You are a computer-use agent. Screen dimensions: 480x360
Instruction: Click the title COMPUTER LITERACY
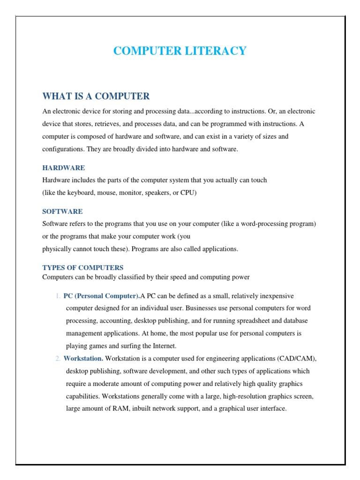point(180,51)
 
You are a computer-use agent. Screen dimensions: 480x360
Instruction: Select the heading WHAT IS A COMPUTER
point(96,96)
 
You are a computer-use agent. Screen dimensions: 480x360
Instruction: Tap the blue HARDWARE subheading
point(63,168)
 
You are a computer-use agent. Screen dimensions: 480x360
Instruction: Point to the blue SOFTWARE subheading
point(62,211)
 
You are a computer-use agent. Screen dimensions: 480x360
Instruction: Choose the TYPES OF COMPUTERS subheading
point(82,268)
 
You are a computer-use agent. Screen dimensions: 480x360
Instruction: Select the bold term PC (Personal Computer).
point(102,296)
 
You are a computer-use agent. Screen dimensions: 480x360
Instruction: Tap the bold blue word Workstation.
point(83,359)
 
